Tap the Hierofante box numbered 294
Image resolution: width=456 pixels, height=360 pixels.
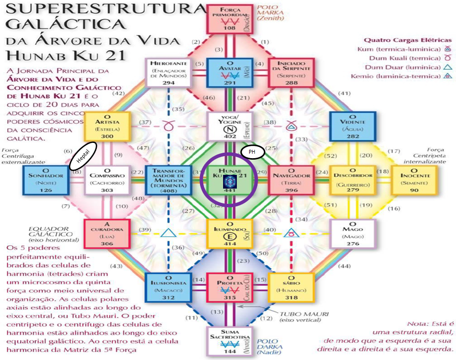pos(168,73)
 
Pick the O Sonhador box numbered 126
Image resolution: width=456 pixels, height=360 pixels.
pos(45,180)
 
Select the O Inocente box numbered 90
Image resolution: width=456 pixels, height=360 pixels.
pos(415,180)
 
